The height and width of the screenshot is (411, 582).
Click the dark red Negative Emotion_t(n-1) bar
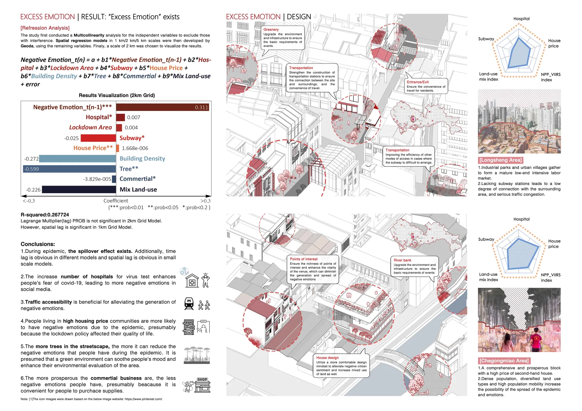(162, 107)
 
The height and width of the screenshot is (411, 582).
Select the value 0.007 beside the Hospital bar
(134, 118)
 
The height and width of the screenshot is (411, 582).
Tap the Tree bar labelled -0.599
(70, 169)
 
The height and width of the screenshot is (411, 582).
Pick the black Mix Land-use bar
(79, 190)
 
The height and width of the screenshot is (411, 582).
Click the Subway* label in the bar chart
(132, 138)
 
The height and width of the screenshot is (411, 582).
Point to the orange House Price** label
(93, 148)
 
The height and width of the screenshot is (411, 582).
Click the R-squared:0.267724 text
(45, 215)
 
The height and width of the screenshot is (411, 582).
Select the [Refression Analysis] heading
(45, 28)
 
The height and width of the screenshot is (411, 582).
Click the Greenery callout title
(271, 30)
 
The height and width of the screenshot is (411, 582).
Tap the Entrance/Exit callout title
(417, 82)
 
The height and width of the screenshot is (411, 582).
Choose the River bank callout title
(402, 260)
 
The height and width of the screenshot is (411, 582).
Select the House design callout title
(327, 358)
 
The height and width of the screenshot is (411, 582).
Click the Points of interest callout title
(303, 259)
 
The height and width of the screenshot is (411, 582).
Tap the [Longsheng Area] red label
(500, 160)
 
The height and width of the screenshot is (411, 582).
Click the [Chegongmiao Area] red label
(504, 361)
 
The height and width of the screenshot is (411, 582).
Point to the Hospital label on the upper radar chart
(521, 19)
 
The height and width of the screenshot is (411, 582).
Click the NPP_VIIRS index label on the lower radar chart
(550, 277)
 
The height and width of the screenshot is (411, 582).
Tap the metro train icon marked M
(189, 303)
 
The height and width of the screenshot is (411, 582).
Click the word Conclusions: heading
(38, 244)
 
